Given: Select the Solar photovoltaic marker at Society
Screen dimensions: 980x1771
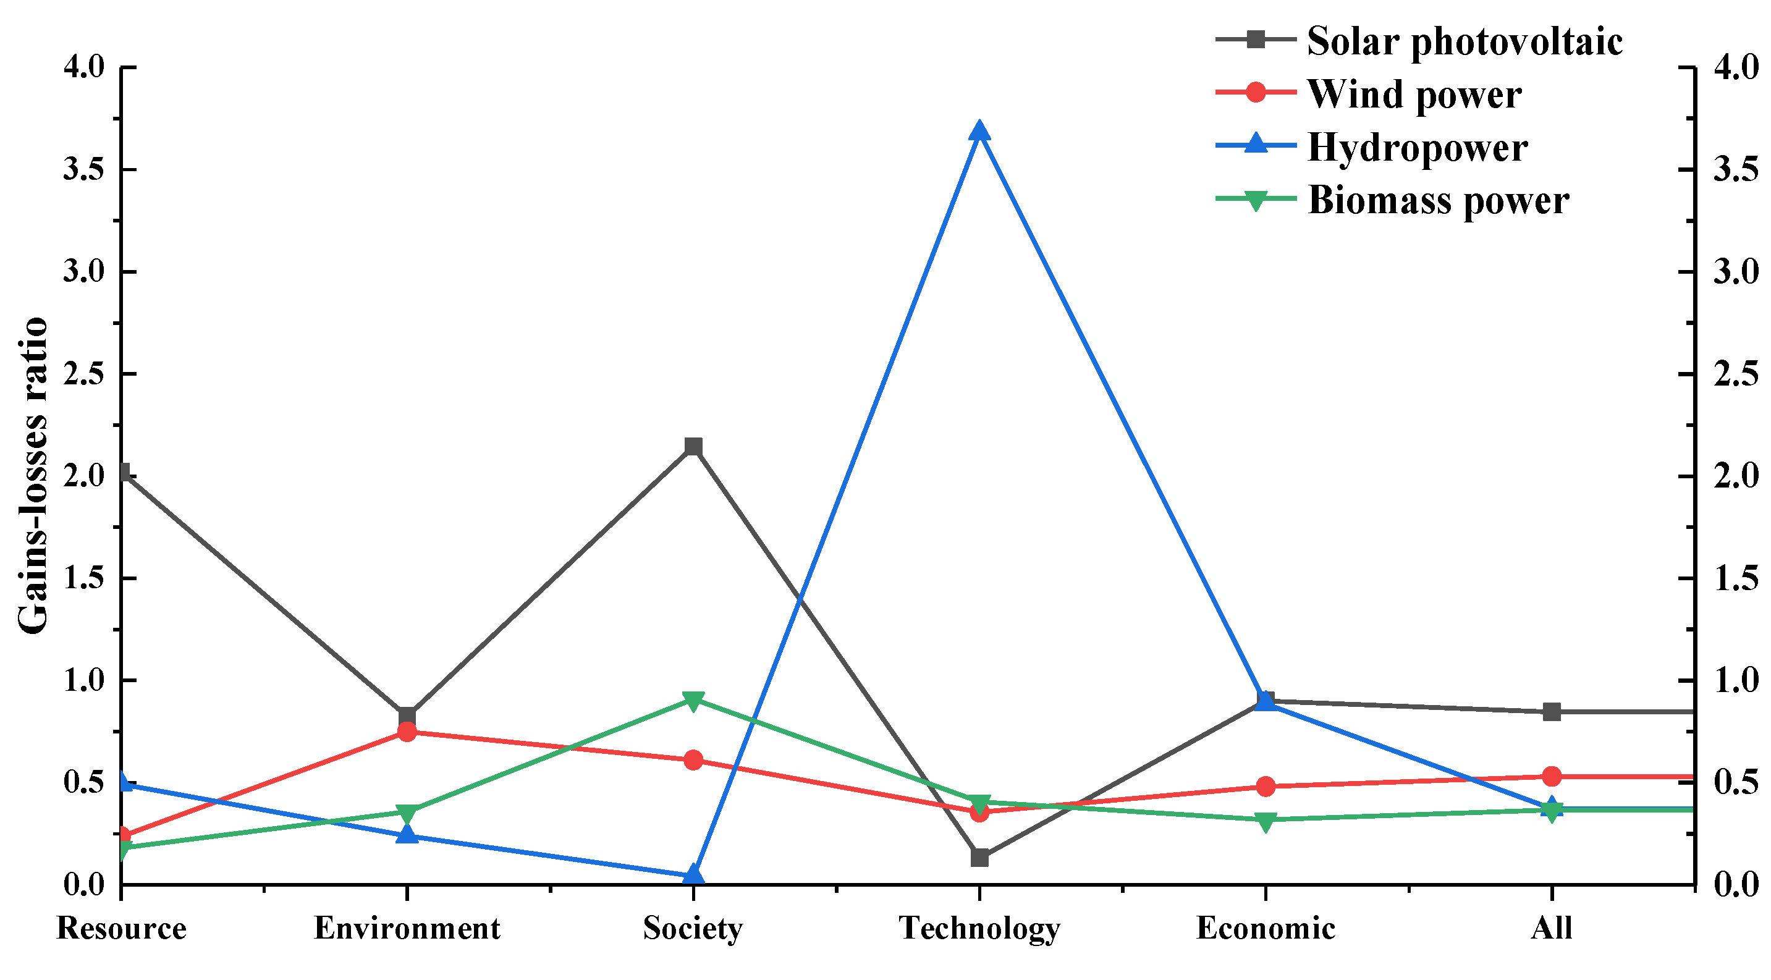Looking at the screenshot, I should [x=693, y=447].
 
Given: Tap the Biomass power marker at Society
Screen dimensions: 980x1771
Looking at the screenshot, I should [x=693, y=700].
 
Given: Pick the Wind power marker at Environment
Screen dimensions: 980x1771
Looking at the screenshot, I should [x=407, y=732].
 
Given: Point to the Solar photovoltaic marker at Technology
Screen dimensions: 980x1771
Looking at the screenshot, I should [x=979, y=858].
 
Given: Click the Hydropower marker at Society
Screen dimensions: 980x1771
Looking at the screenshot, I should [x=693, y=875].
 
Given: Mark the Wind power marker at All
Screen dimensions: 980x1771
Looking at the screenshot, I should [x=1552, y=777].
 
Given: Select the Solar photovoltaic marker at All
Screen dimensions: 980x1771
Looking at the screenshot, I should [x=1552, y=712].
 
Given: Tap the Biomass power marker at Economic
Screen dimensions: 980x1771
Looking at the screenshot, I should [x=1266, y=821].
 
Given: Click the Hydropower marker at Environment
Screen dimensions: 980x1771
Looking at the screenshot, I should [x=407, y=835].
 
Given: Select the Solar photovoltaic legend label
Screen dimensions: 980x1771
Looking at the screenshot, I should [x=1465, y=41].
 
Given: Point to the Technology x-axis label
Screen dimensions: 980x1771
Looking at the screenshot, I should [x=979, y=929].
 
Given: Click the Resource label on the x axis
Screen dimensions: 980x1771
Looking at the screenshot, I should [x=121, y=929].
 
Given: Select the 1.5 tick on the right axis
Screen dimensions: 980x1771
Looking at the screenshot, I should [x=1735, y=578].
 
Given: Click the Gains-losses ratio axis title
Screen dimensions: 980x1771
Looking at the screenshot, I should [x=33, y=476].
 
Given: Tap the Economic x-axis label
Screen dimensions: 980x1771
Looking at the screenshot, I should [x=1266, y=929].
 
